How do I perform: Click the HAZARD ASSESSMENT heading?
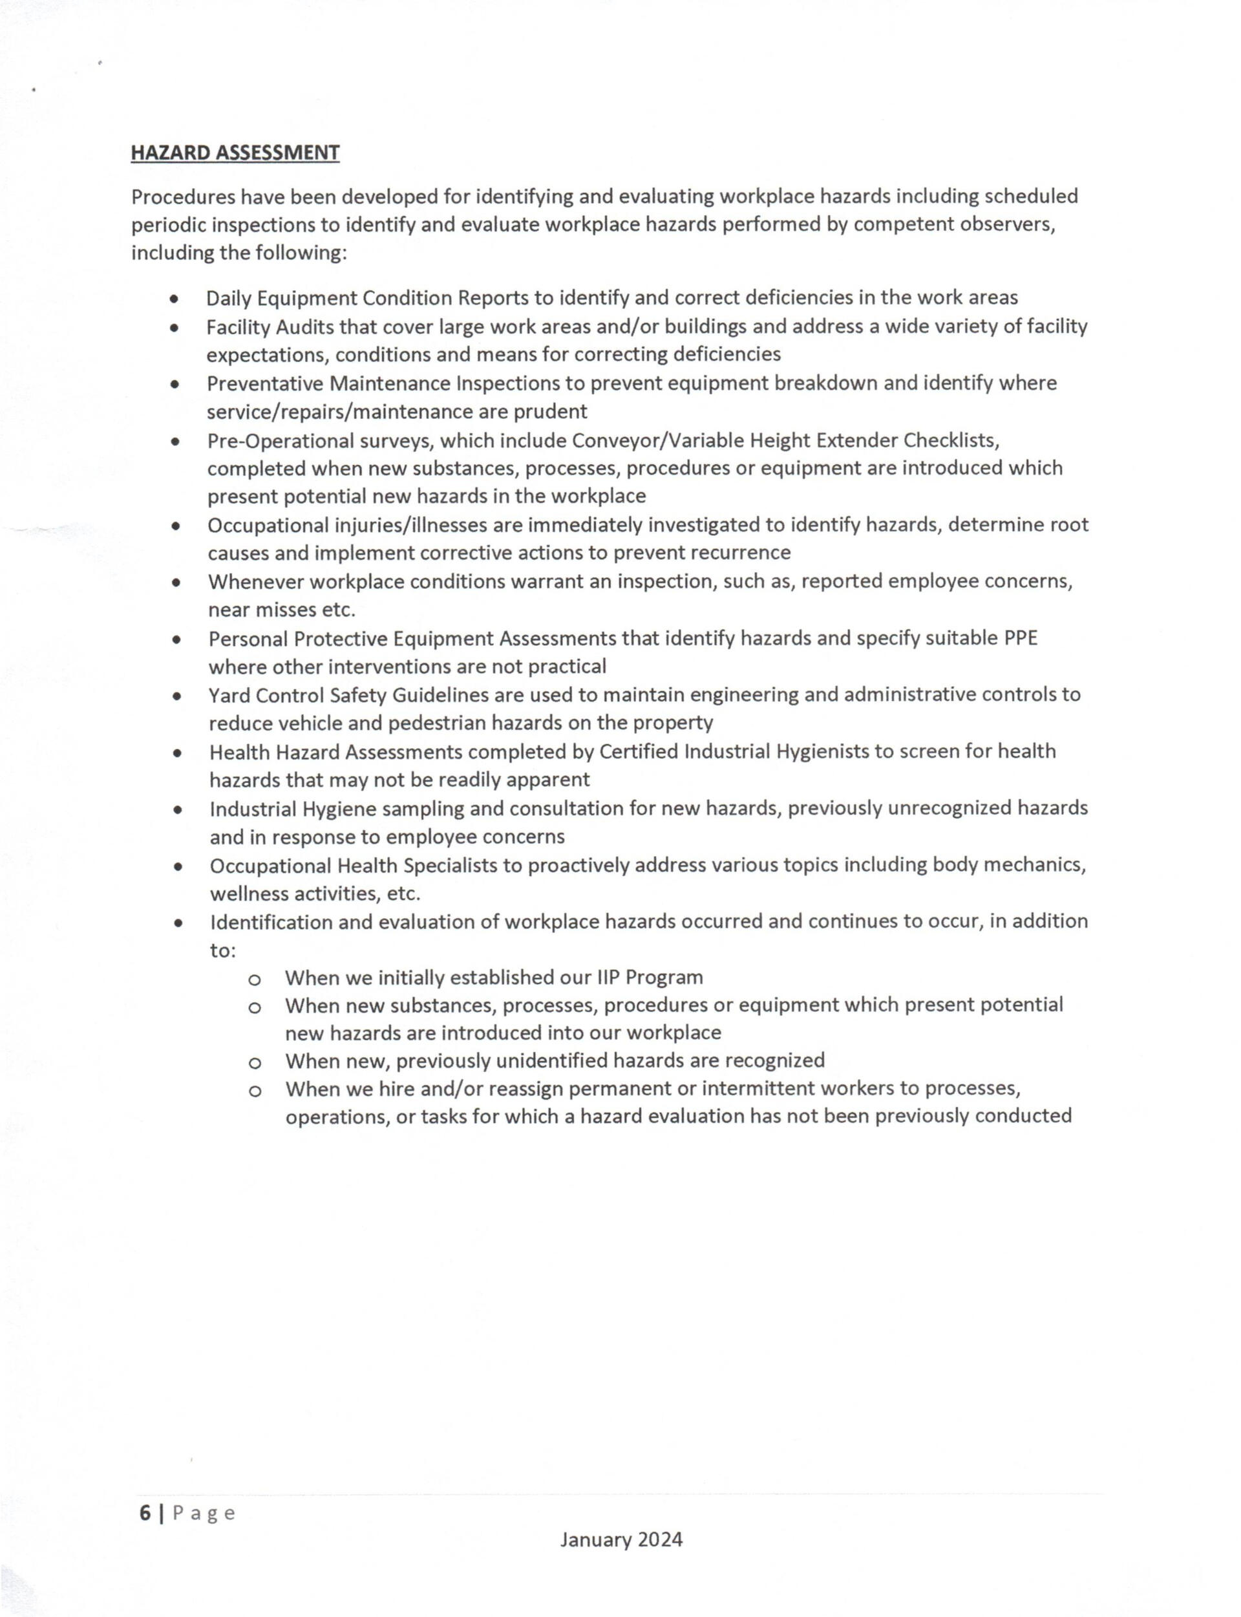tap(235, 153)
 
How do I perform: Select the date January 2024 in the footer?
tap(621, 1539)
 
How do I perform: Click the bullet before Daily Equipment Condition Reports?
tap(174, 299)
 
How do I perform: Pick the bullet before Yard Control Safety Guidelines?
tap(176, 696)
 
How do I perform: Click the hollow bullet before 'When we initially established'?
tap(254, 980)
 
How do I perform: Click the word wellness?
tap(249, 894)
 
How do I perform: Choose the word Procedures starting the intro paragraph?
tap(182, 197)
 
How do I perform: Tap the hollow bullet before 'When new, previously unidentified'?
tap(254, 1063)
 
